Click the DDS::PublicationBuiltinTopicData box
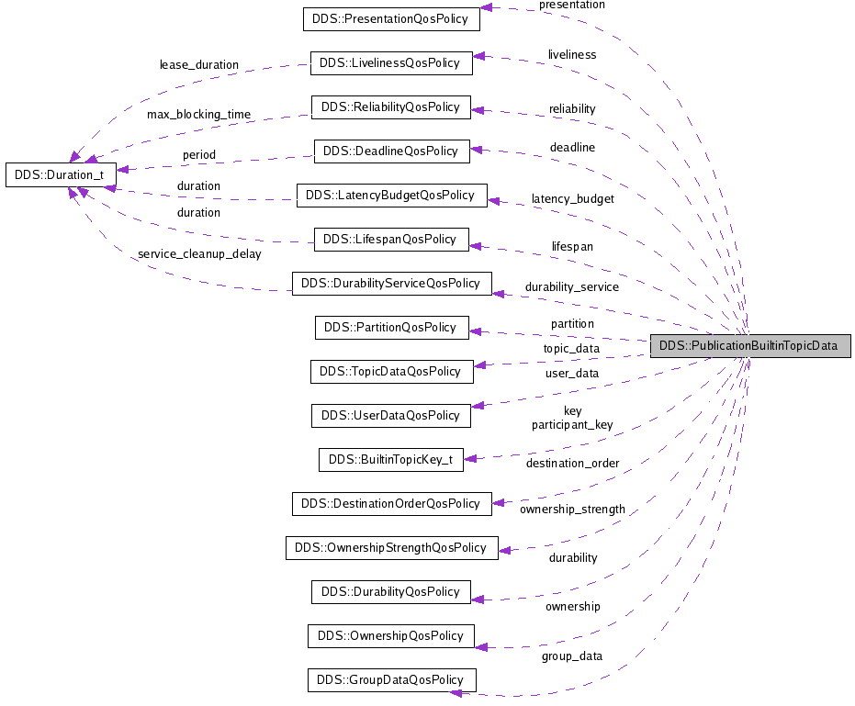coord(750,346)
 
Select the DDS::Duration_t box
coord(61,174)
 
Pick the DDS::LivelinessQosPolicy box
coord(391,62)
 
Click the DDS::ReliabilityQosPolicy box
coord(391,106)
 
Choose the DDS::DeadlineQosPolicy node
coord(391,151)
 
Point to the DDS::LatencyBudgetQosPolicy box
coord(391,195)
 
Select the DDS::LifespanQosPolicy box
coord(391,239)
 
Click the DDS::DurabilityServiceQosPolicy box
coord(391,283)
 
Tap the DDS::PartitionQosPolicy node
coord(391,327)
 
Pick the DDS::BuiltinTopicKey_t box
coord(391,459)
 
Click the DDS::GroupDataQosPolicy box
coord(391,679)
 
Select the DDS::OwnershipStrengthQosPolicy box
coord(391,547)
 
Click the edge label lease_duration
coord(198,65)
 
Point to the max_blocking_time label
coord(198,115)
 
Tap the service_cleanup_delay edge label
coord(198,254)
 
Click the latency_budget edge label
coord(572,198)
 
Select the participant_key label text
coord(572,425)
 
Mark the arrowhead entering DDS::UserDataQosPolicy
coord(477,405)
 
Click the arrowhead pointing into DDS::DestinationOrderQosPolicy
coord(498,502)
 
